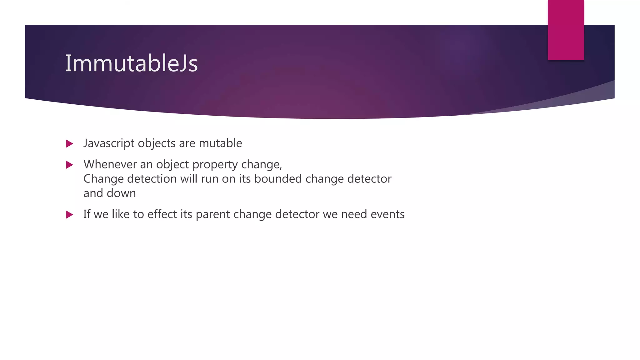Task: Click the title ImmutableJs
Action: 131,63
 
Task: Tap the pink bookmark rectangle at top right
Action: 566,30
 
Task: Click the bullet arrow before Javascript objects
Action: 70,144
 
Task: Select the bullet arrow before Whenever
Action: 70,165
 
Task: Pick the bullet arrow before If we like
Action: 70,215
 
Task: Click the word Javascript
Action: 109,143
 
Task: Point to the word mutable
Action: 220,143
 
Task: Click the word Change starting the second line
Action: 103,179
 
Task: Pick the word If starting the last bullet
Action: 87,214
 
